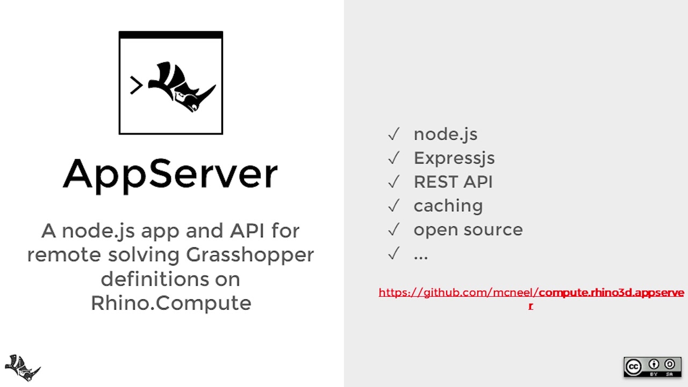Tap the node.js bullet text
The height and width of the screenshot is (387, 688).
(x=445, y=134)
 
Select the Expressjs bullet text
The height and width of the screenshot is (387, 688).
(x=454, y=158)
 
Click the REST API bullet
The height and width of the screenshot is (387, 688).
(x=453, y=182)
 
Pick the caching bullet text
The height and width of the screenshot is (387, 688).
(x=448, y=205)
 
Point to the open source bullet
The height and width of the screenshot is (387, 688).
(x=468, y=230)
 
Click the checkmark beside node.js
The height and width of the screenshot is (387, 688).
(x=393, y=134)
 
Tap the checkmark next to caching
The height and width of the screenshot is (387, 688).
(x=393, y=205)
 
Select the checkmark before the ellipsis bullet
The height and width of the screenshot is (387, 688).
(x=393, y=253)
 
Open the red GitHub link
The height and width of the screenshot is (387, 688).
(x=531, y=293)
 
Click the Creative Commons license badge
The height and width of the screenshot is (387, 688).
(x=652, y=367)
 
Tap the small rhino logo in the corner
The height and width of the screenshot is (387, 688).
(x=23, y=368)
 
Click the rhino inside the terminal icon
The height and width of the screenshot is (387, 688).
(x=182, y=86)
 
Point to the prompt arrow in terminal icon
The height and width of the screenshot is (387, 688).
(x=136, y=85)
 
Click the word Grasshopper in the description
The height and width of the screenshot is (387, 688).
(x=250, y=254)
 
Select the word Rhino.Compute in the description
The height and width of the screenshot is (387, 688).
(x=170, y=303)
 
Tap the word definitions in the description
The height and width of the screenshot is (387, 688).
(x=170, y=278)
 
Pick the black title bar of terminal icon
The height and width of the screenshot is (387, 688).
(x=170, y=35)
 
